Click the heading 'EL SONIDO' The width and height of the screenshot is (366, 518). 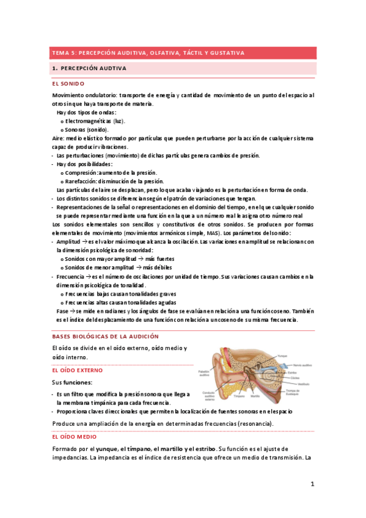point(68,83)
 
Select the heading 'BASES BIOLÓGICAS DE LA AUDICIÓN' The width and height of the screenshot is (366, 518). point(105,336)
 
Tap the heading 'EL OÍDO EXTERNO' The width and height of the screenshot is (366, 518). point(78,370)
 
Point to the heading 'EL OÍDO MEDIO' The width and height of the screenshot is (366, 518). point(74,437)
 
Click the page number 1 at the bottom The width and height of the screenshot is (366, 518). point(312,484)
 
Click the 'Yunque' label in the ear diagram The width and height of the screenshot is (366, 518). point(282,355)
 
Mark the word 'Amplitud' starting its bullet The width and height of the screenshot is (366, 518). point(68,242)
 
